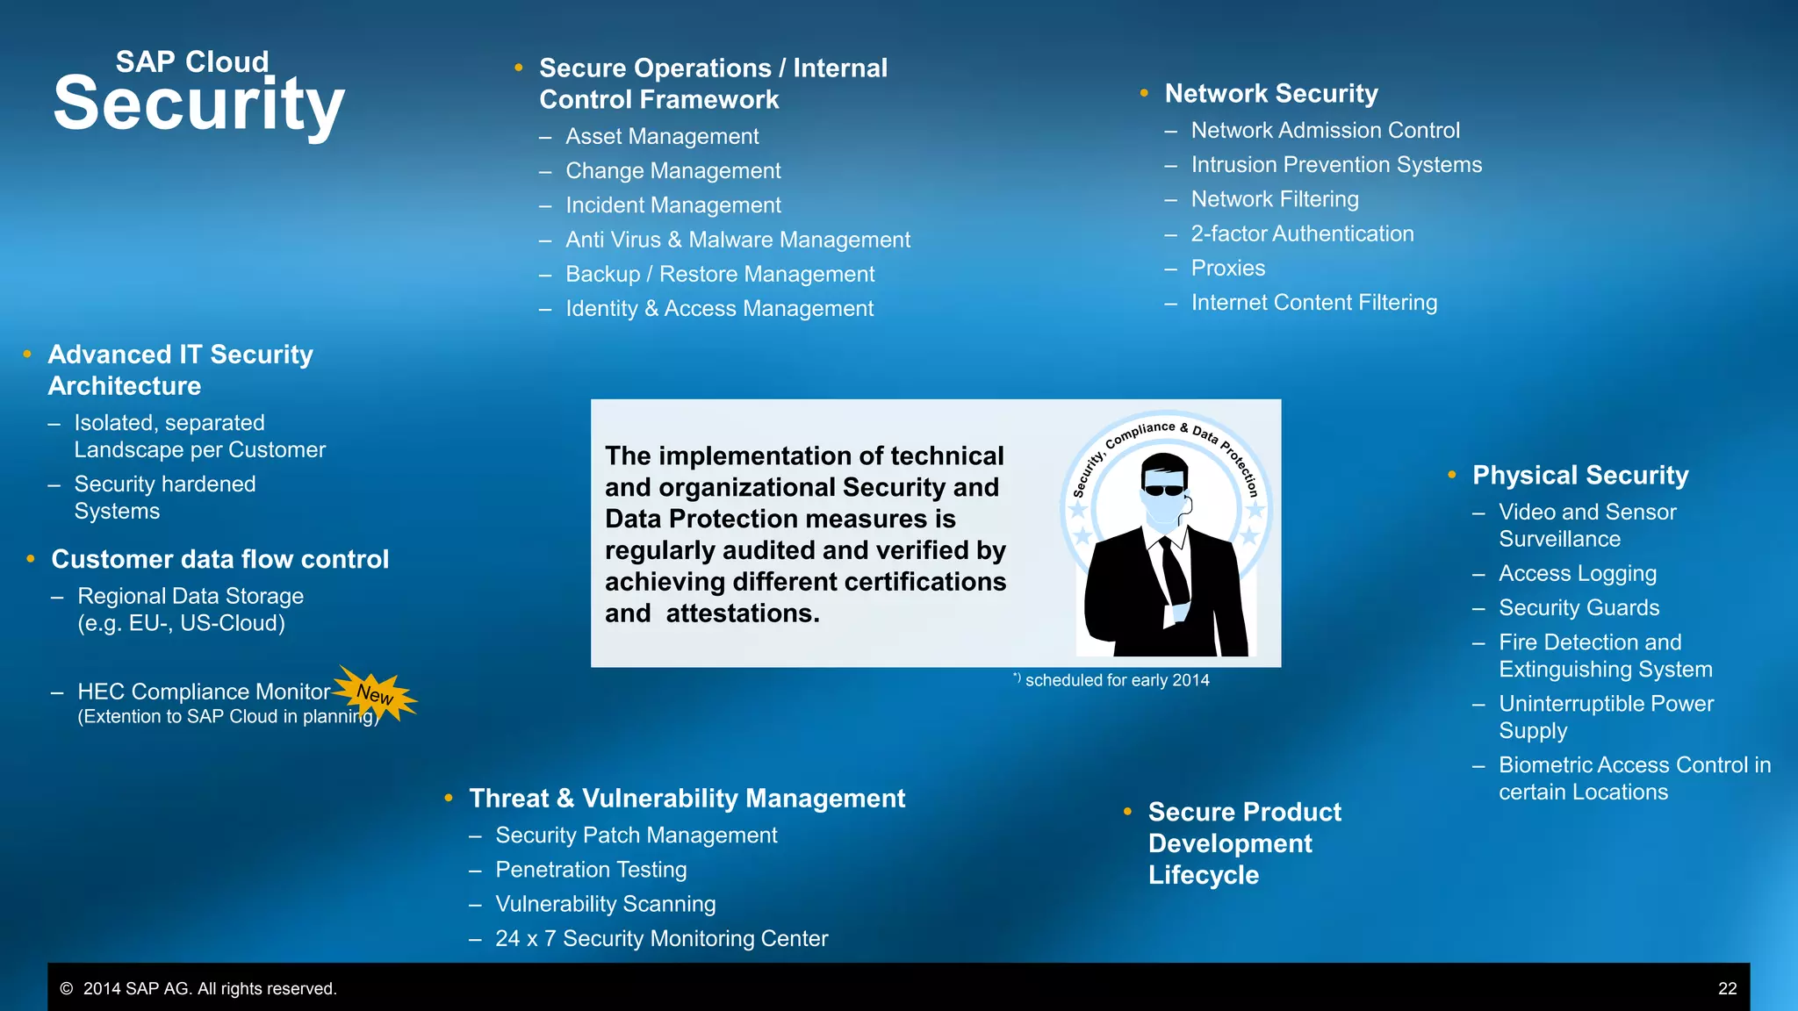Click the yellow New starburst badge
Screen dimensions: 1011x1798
(376, 694)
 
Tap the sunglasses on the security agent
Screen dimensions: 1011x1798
(1164, 490)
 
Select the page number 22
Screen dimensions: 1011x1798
(1727, 988)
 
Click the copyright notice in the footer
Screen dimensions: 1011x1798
(198, 988)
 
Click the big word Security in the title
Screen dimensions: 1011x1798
(198, 104)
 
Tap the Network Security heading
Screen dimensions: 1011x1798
(1270, 93)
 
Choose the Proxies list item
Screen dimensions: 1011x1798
(1227, 268)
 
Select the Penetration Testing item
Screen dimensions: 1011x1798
(591, 869)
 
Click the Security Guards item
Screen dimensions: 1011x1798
(1579, 607)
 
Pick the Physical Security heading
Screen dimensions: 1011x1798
(1580, 475)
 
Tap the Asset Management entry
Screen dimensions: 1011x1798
(662, 136)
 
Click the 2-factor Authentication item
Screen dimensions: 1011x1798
(1302, 233)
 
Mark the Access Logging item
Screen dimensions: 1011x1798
(1577, 573)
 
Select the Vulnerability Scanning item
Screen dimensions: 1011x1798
(605, 903)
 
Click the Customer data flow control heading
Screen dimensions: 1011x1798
(219, 559)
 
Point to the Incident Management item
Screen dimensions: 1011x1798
(672, 204)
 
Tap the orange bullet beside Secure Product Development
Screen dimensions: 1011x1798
(1127, 812)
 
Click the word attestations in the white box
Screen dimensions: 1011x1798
(742, 613)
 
